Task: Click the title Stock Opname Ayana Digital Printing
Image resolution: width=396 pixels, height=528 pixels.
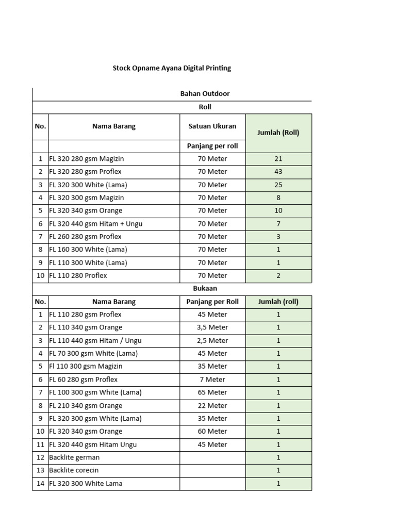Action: coord(172,68)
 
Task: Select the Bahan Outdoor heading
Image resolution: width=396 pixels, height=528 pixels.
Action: coord(205,94)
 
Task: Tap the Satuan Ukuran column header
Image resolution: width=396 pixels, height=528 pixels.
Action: coord(212,126)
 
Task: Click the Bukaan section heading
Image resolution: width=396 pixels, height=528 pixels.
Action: coord(205,289)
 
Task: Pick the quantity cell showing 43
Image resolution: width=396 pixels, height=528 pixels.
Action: coord(278,172)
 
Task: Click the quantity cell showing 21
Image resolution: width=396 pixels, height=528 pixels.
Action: coord(278,159)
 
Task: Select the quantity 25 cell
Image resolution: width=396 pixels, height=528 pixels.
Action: coord(278,185)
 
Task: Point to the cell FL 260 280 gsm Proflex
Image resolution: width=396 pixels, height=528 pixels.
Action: coord(86,237)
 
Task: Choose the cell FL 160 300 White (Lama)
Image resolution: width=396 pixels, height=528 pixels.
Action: coord(88,250)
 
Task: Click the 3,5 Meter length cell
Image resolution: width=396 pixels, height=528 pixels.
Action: coord(212,327)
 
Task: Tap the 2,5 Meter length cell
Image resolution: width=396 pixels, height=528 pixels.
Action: coord(212,341)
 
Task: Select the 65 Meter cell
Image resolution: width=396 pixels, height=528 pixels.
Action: coord(212,392)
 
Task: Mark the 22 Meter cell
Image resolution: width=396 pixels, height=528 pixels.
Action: coord(212,406)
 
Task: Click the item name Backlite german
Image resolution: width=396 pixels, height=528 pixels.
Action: coord(75,457)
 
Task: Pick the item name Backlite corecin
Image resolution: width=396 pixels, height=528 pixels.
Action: coord(74,470)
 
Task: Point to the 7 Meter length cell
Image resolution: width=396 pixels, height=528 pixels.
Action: coord(212,379)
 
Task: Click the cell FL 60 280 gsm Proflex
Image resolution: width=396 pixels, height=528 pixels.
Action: coord(84,379)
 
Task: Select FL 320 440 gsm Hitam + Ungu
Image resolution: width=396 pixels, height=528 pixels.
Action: coord(96,224)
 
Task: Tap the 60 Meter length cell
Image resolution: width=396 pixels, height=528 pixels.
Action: coord(212,432)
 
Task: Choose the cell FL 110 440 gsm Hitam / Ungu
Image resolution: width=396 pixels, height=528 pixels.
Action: coord(95,341)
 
